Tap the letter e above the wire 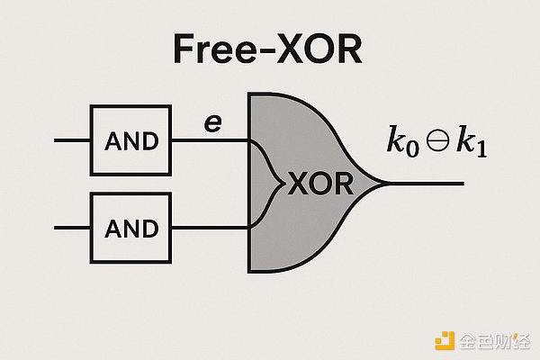pyautogui.click(x=212, y=123)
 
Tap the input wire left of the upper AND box pyautogui.click(x=72, y=140)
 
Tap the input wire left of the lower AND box pyautogui.click(x=72, y=228)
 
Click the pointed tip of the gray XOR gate pyautogui.click(x=385, y=184)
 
